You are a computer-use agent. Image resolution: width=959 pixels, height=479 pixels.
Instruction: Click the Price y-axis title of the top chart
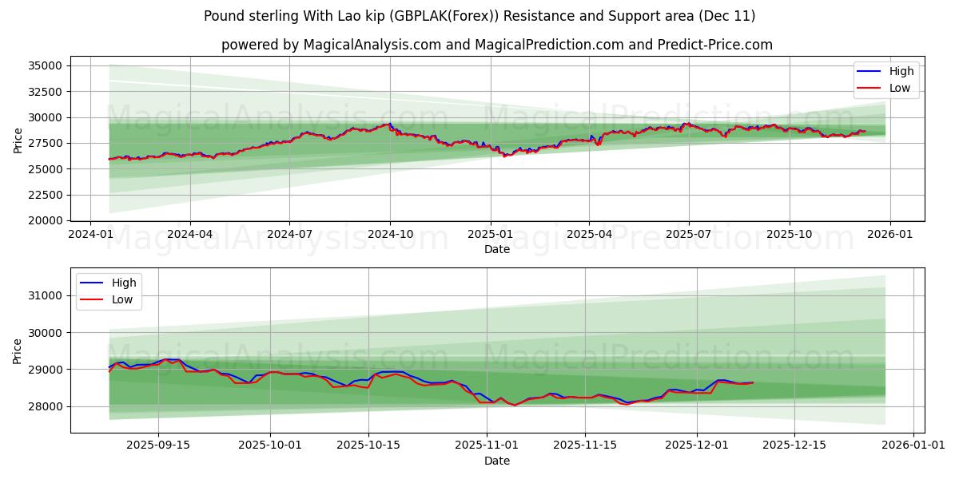[18, 141]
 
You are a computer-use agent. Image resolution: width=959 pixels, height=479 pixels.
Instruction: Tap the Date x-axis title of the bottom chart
[497, 461]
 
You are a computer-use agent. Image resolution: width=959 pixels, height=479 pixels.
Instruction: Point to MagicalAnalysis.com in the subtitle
[372, 45]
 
